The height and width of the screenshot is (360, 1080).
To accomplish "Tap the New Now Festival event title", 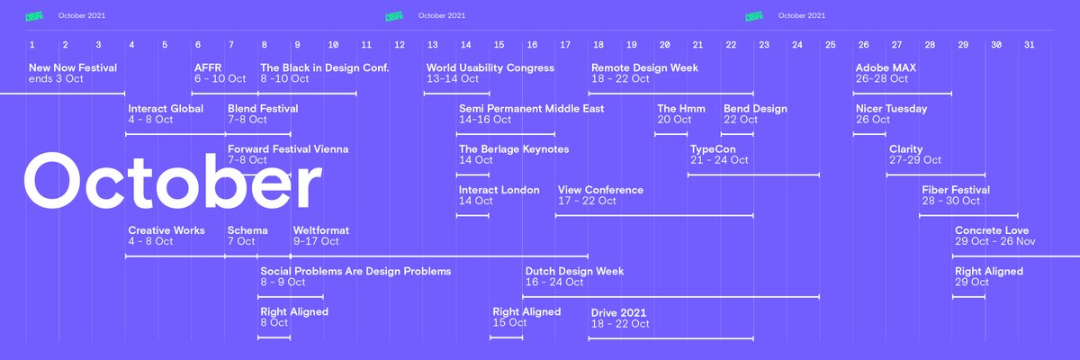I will [73, 67].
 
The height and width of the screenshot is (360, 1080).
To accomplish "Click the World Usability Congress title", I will [490, 67].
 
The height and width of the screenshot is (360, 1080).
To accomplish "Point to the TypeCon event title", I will [713, 149].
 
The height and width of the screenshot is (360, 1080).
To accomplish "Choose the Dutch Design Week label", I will [574, 271].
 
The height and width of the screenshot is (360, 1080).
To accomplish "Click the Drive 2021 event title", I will [619, 312].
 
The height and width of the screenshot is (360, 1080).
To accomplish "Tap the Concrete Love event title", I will [992, 230].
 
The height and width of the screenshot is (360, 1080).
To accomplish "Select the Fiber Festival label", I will [956, 190].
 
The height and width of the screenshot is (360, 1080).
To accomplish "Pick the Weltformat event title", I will [321, 230].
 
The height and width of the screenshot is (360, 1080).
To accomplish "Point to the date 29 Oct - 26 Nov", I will [995, 242].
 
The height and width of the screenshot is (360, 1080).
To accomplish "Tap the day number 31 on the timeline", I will [1029, 45].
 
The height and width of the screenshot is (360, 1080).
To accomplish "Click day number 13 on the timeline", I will [432, 45].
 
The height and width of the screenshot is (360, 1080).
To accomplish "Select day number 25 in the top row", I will [830, 45].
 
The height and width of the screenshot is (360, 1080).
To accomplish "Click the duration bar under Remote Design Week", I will [670, 94].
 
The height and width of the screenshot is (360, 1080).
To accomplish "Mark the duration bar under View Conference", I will [654, 216].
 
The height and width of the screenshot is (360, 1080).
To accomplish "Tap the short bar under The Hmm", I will [671, 134].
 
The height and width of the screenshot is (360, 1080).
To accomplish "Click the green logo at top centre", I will [394, 15].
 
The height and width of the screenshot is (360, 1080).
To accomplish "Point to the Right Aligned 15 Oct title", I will [526, 311].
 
